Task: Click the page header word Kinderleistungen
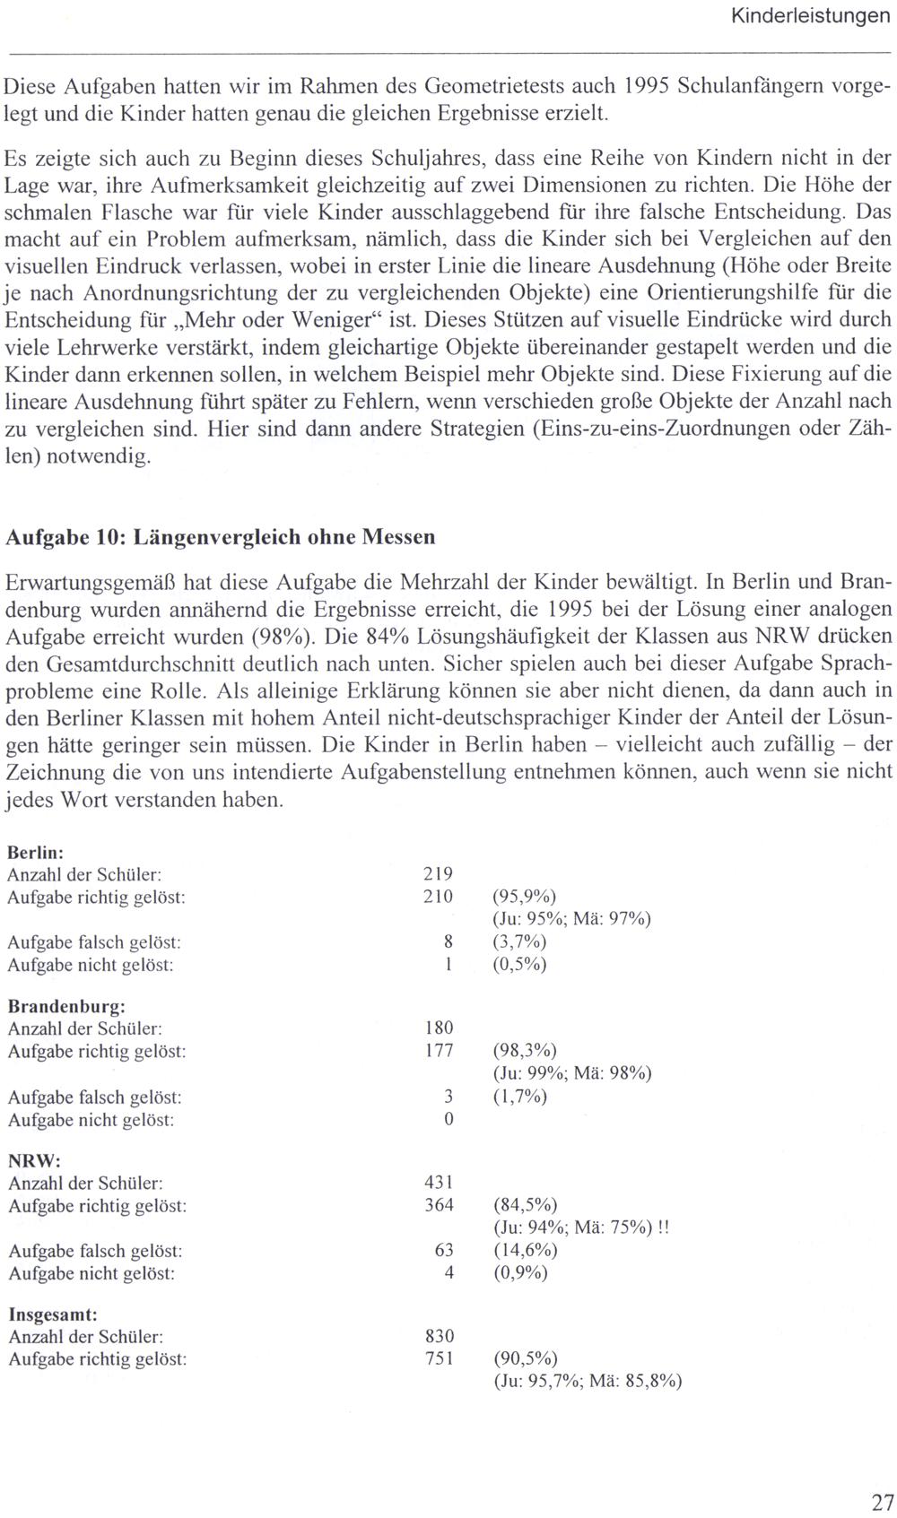[x=810, y=16]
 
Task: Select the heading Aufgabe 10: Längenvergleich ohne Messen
[x=221, y=537]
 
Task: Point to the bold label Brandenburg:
[x=66, y=1006]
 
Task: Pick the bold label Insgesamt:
[x=53, y=1314]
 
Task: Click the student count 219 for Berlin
[x=438, y=874]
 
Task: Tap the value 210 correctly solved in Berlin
[x=438, y=897]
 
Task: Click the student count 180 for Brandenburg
[x=438, y=1028]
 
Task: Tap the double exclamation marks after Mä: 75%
[x=663, y=1227]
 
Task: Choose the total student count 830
[x=438, y=1337]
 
